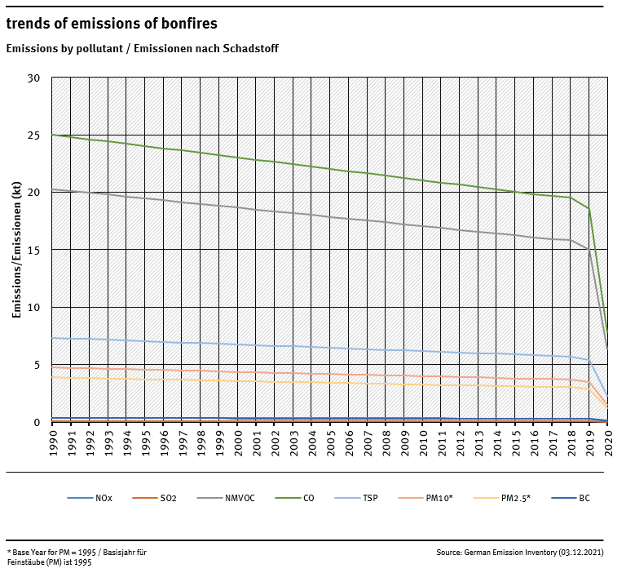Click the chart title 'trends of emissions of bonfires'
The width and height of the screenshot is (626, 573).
[112, 24]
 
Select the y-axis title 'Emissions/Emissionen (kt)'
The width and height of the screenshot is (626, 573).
[16, 250]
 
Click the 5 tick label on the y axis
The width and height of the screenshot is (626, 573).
[37, 365]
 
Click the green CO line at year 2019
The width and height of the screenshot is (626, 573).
[589, 209]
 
